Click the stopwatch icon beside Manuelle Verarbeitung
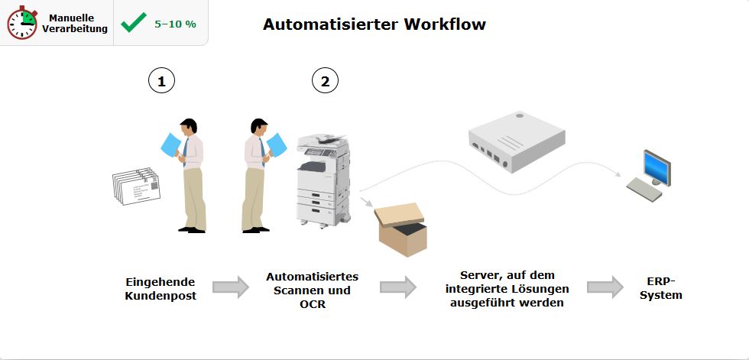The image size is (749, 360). (x=22, y=24)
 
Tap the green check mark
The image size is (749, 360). (x=134, y=23)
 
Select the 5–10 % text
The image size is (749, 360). (x=175, y=24)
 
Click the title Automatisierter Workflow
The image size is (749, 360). (x=374, y=24)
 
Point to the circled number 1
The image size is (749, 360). (x=161, y=80)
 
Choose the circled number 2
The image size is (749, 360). (x=325, y=80)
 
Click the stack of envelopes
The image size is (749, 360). (x=135, y=186)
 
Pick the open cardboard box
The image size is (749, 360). (x=400, y=229)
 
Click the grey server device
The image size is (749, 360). (x=517, y=141)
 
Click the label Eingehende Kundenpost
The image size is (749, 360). (x=160, y=288)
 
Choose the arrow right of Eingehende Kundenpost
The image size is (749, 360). (x=230, y=287)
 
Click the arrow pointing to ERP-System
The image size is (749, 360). (x=605, y=287)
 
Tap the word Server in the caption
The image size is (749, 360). (x=481, y=275)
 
